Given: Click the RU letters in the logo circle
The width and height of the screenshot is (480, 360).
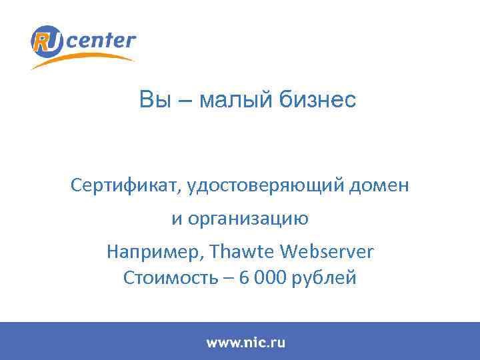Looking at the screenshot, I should point(47,41).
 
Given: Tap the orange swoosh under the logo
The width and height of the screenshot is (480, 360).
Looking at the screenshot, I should point(87,60).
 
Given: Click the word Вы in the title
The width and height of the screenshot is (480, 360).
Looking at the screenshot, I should point(150,101).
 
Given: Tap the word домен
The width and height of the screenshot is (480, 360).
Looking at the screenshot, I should point(385,185).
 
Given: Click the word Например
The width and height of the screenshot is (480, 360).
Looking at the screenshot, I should point(155,252).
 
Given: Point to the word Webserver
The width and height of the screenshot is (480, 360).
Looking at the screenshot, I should point(327,252).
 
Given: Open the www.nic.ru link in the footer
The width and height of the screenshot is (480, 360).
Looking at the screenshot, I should point(245,343).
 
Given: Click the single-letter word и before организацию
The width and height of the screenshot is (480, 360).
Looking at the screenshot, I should point(177,219).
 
